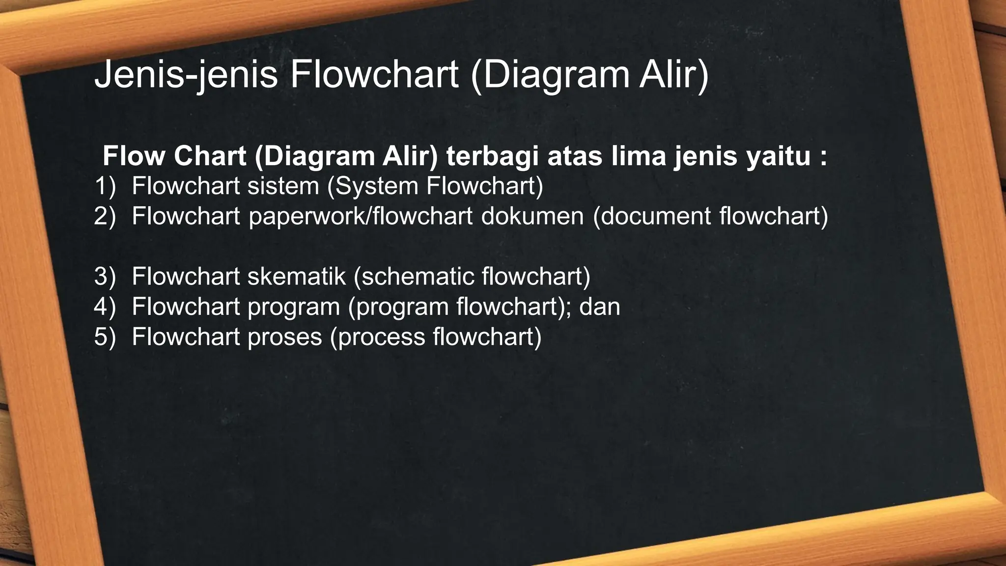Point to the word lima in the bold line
(632, 156)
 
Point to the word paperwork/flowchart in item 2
(360, 217)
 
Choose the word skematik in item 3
(297, 277)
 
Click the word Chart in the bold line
(210, 156)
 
